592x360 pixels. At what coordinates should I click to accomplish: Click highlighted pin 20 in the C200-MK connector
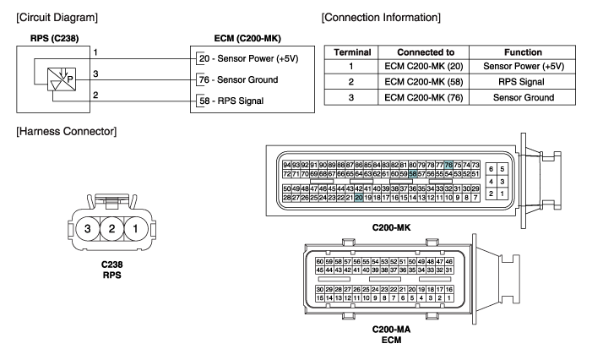click(x=359, y=197)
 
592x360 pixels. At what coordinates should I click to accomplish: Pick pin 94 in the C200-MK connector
click(x=287, y=164)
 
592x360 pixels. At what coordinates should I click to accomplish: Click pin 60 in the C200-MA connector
click(x=320, y=262)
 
